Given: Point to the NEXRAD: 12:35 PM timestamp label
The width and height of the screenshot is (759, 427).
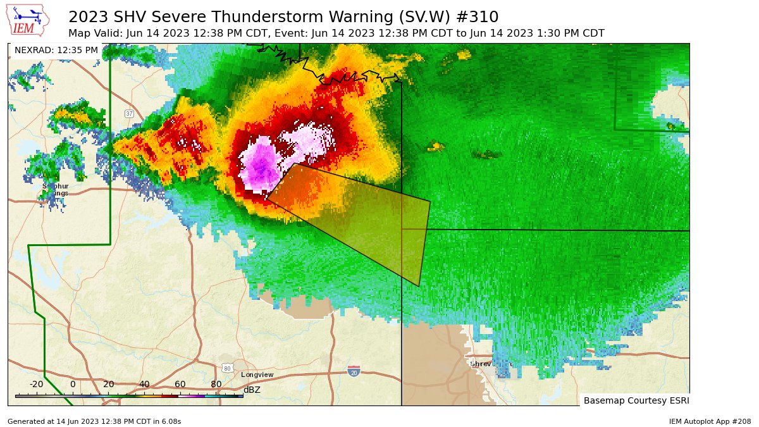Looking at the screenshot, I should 56,50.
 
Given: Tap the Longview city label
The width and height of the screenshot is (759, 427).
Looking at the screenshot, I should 257,374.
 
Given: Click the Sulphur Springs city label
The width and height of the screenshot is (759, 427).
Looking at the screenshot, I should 56,190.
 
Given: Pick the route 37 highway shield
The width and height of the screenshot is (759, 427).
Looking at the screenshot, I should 129,114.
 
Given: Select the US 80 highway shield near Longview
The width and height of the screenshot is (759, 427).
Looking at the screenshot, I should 227,368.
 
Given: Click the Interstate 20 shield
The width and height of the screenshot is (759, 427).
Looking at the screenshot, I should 354,370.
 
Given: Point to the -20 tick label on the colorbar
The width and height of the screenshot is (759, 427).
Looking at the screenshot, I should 36,384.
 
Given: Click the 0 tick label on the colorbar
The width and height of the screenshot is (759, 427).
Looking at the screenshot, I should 73,384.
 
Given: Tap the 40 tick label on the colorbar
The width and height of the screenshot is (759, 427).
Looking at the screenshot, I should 144,384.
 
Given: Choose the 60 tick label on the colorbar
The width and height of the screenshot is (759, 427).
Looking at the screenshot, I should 180,384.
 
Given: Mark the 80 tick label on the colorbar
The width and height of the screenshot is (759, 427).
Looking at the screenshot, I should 216,384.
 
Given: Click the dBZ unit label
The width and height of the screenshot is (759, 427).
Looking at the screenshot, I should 252,390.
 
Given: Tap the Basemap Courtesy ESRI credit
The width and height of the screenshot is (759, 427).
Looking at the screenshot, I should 636,400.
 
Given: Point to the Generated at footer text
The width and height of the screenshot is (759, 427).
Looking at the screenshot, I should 94,421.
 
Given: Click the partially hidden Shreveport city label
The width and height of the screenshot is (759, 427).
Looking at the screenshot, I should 490,364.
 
